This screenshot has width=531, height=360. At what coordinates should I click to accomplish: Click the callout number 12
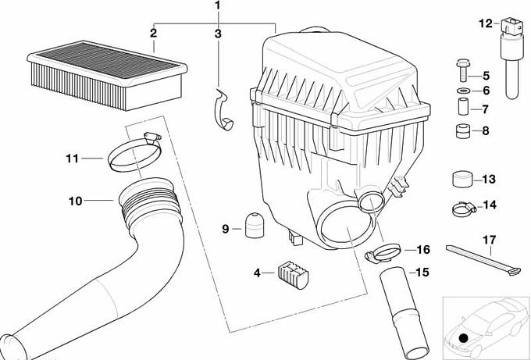click(x=486, y=23)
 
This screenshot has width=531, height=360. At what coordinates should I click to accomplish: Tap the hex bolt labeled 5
click(x=463, y=70)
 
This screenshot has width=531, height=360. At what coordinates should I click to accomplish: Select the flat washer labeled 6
click(x=463, y=91)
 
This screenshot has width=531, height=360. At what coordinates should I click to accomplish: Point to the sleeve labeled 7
click(x=464, y=106)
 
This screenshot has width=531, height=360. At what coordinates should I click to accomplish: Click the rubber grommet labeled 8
click(x=463, y=131)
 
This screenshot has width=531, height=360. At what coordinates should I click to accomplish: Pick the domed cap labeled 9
click(x=255, y=225)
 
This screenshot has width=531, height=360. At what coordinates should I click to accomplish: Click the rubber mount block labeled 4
click(x=294, y=275)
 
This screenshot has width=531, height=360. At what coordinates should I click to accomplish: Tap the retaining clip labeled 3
click(x=223, y=109)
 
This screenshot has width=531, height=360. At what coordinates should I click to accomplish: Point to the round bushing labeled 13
click(x=462, y=179)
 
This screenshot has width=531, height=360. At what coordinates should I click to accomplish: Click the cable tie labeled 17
click(x=483, y=260)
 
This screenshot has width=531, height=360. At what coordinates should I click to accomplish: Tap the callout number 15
click(x=422, y=273)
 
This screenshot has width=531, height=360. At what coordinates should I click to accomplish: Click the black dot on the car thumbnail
click(x=464, y=337)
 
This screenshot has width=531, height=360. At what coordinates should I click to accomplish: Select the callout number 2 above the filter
click(x=153, y=34)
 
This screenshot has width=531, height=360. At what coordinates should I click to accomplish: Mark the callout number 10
click(x=76, y=201)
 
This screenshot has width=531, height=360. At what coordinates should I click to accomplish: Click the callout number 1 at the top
click(x=217, y=5)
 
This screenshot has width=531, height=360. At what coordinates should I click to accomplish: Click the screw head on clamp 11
click(x=152, y=137)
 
